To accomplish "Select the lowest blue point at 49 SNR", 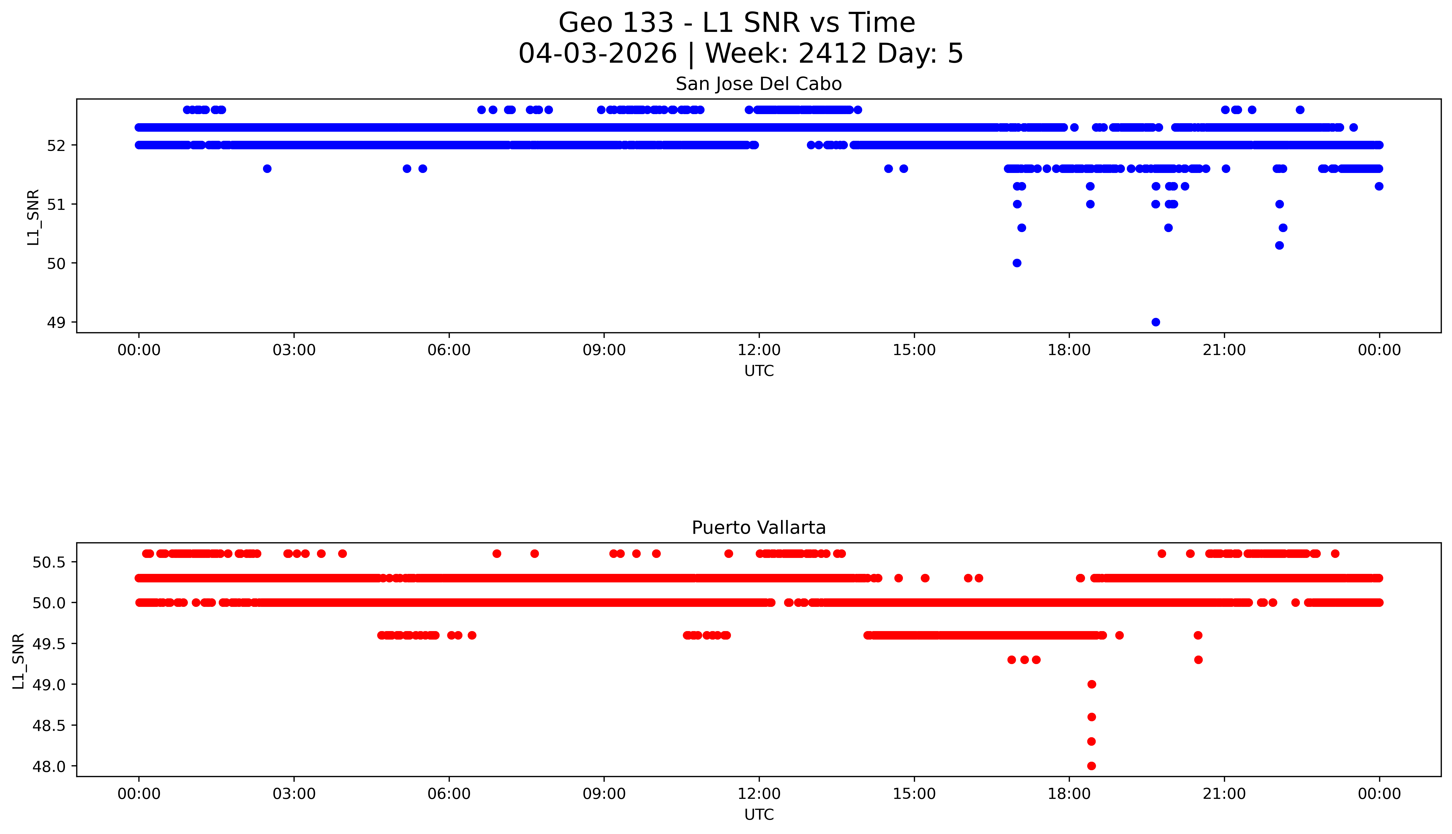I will click(1155, 322).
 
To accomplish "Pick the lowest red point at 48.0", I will click(1091, 766).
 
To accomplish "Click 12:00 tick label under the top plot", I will click(759, 350).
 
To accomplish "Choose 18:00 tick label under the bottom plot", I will click(1069, 794).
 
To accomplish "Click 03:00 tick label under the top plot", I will click(294, 350).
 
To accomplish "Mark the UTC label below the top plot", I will click(759, 371).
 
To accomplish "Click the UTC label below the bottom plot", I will click(759, 814).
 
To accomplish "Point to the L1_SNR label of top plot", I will click(33, 217).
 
